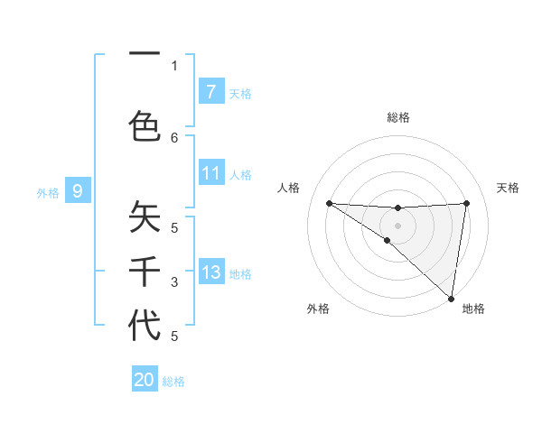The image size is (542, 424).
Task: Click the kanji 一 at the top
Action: pos(145,57)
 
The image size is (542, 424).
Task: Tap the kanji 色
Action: pos(145,125)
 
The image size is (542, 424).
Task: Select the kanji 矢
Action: pos(145,217)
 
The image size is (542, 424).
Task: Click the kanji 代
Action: pos(145,325)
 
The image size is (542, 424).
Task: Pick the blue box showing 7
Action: pos(211,91)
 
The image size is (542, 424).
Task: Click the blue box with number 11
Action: pos(211,173)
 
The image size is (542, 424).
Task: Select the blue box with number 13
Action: pos(211,272)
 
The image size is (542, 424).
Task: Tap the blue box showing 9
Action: pos(78,190)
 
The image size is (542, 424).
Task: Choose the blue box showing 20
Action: pos(145,380)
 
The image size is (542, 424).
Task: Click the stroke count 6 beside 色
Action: pos(174,137)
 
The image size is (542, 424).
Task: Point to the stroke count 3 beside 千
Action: pos(174,282)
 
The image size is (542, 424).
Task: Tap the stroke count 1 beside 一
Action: pos(174,65)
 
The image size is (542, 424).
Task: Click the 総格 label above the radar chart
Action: pos(398,118)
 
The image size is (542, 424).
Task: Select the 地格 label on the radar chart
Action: pos(473,309)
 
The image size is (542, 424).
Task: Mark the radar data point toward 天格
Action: pos(467,203)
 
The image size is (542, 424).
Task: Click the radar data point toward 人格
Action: pos(329,203)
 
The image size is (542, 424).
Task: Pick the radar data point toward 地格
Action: pos(452,298)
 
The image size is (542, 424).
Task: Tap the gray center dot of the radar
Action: pos(397,225)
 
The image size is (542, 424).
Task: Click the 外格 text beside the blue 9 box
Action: pos(48,192)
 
